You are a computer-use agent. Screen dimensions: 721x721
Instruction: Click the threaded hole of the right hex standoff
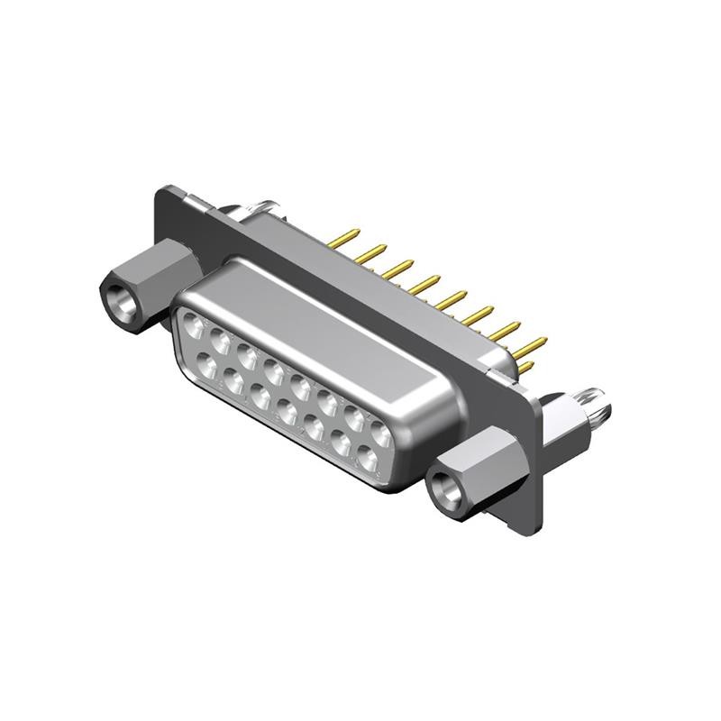445,490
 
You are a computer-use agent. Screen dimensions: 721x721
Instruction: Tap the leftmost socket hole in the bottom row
206,365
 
